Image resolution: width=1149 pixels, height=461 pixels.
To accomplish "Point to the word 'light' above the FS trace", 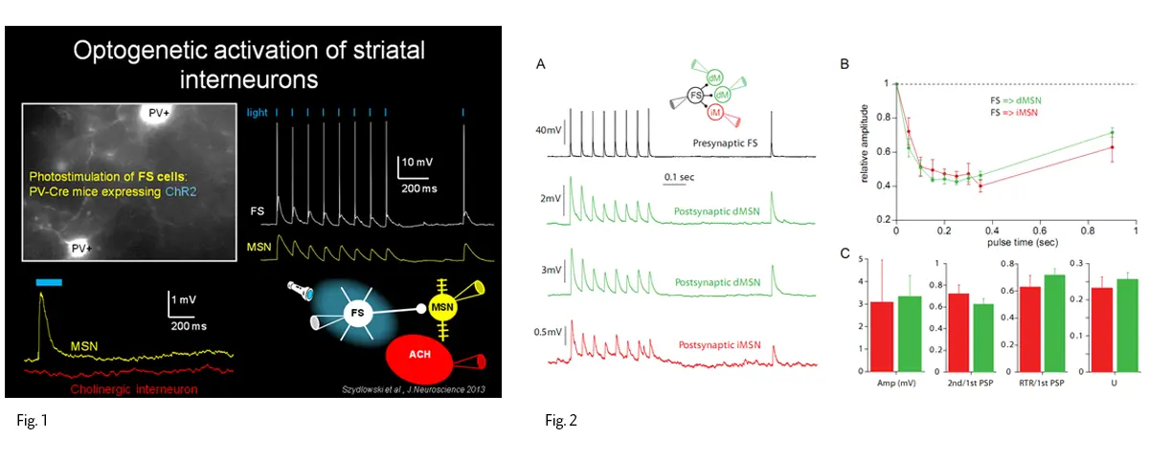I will (x=258, y=113).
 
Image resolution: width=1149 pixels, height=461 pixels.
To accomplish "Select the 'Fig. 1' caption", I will (x=32, y=420).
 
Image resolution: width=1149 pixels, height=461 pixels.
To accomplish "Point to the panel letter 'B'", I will (x=845, y=64).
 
